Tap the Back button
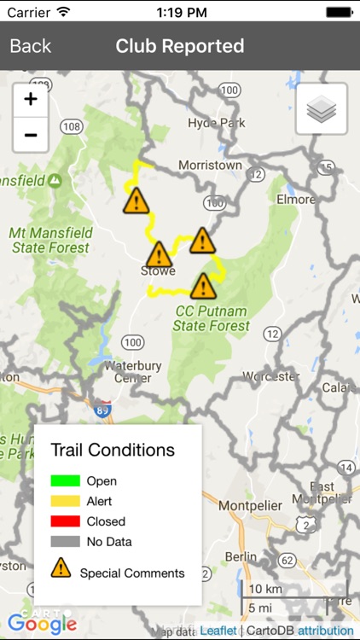(31, 46)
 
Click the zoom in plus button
(31, 99)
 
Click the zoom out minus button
(31, 135)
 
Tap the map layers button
(322, 108)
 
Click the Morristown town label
(210, 165)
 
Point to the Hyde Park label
(218, 122)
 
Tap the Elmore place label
(296, 199)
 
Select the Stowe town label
(158, 271)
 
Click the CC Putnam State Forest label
(212, 318)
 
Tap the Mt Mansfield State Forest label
(49, 240)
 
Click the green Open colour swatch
(65, 480)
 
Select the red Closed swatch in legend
(65, 521)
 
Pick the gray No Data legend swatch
(65, 541)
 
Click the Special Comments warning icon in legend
(61, 568)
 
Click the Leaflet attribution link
(218, 631)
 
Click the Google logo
(42, 624)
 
